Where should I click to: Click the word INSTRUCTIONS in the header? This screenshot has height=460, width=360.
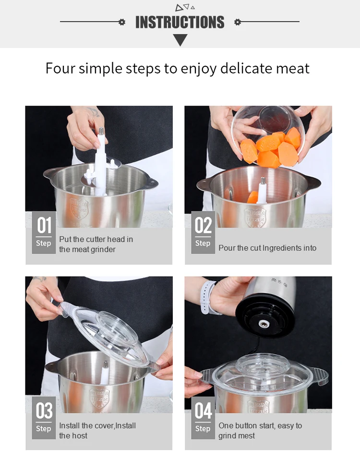tap(180, 22)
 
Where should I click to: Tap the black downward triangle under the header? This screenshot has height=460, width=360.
tap(180, 40)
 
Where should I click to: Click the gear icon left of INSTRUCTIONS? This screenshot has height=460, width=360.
tap(122, 22)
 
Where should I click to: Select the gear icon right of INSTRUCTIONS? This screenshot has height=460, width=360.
tap(238, 22)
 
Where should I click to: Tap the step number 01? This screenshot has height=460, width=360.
tap(44, 225)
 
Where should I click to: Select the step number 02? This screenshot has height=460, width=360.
tap(203, 225)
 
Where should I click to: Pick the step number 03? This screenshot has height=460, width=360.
tap(44, 411)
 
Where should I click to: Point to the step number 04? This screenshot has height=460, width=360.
tap(203, 411)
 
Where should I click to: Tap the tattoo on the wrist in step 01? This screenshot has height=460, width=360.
tap(94, 111)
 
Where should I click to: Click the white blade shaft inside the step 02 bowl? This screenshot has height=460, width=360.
tap(262, 190)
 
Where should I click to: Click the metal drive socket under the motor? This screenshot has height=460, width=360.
tap(263, 324)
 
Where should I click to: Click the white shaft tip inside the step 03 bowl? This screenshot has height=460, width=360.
tap(105, 365)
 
